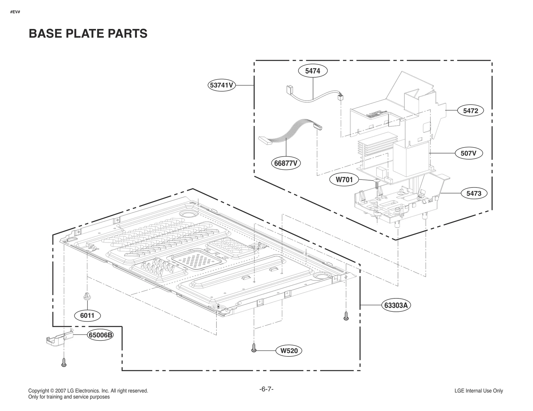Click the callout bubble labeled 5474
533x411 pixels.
tap(312, 71)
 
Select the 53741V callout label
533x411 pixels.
tap(222, 85)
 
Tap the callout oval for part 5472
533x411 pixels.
tap(470, 111)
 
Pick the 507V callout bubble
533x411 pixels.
tap(468, 154)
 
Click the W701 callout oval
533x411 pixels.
tap(344, 180)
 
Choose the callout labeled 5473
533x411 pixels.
tap(473, 193)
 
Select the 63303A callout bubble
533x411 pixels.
tap(396, 305)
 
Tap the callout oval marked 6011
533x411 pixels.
tap(87, 315)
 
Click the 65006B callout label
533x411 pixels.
tap(100, 335)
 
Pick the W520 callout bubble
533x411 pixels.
tap(289, 351)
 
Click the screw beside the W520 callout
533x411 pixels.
tap(254, 348)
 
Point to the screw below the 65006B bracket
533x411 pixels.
tap(64, 363)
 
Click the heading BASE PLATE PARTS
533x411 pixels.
tap(88, 34)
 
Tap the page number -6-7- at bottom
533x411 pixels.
tap(266, 389)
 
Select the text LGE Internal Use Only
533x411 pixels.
tap(478, 391)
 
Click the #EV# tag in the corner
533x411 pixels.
tap(15, 12)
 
